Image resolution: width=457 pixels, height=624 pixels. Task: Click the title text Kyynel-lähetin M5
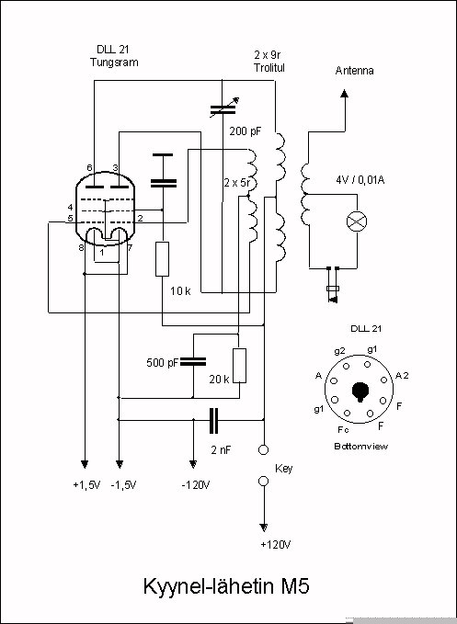tap(226, 586)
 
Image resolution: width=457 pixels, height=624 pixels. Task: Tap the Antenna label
tap(354, 71)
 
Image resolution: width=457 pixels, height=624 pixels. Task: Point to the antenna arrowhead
tap(344, 94)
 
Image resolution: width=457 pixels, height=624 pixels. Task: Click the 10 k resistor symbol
tap(162, 258)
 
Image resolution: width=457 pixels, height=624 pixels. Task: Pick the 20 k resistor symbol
tap(239, 366)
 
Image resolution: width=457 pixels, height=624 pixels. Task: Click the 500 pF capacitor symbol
tap(193, 362)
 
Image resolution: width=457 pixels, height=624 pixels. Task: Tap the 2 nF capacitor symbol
tap(213, 421)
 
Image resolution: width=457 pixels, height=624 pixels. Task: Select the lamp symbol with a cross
tap(357, 221)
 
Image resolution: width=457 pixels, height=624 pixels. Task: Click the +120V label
tap(276, 544)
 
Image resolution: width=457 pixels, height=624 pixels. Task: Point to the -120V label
tap(196, 485)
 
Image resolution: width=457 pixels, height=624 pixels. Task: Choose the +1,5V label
tap(86, 485)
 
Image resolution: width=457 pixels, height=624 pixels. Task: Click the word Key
tap(284, 469)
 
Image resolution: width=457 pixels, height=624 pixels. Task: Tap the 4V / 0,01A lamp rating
tap(360, 180)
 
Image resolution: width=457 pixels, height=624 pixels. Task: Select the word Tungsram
tap(114, 62)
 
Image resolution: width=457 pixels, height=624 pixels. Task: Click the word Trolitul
tap(269, 68)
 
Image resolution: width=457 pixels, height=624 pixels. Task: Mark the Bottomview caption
tap(360, 446)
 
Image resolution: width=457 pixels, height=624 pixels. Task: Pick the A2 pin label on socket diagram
tap(402, 376)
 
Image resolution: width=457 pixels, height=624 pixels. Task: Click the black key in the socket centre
tap(360, 391)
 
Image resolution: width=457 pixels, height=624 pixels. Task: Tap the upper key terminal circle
tap(263, 449)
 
